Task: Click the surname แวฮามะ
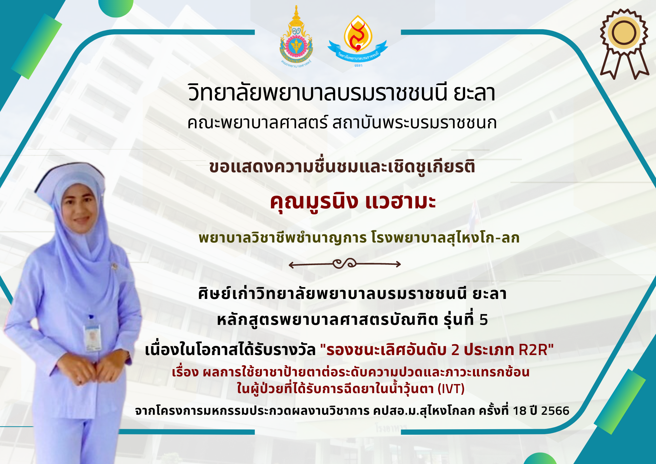click(x=400, y=201)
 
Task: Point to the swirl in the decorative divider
click(x=344, y=264)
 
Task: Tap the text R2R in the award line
click(x=533, y=350)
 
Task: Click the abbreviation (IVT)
click(x=451, y=389)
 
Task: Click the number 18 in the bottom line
click(x=519, y=411)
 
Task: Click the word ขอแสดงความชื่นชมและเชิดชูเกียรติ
click(x=342, y=167)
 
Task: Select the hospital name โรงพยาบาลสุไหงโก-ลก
click(x=445, y=238)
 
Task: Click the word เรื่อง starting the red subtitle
click(x=185, y=372)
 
